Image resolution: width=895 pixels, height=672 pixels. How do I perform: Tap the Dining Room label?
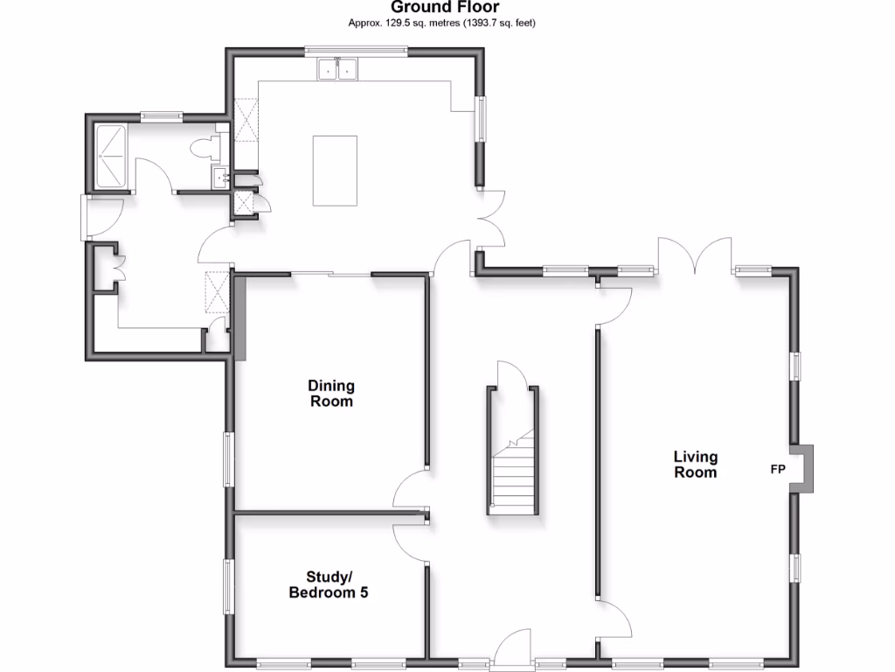pyautogui.click(x=330, y=394)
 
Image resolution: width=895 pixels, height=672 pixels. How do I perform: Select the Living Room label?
pyautogui.click(x=695, y=464)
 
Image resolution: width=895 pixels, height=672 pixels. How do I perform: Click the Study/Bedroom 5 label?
pyautogui.click(x=329, y=584)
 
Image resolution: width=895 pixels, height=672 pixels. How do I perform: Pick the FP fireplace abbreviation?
pyautogui.click(x=777, y=469)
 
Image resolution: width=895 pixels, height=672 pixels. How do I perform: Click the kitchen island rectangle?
pyautogui.click(x=335, y=170)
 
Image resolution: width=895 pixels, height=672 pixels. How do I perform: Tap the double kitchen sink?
pyautogui.click(x=338, y=68)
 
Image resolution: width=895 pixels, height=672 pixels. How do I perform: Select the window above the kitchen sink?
pyautogui.click(x=355, y=51)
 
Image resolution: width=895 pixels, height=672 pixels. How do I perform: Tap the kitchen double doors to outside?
pyautogui.click(x=488, y=219)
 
